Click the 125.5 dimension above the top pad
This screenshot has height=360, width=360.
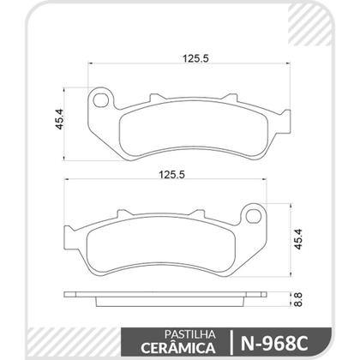[191, 59]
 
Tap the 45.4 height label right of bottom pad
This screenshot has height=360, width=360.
[298, 237]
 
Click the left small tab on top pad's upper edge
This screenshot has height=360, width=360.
[157, 98]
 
